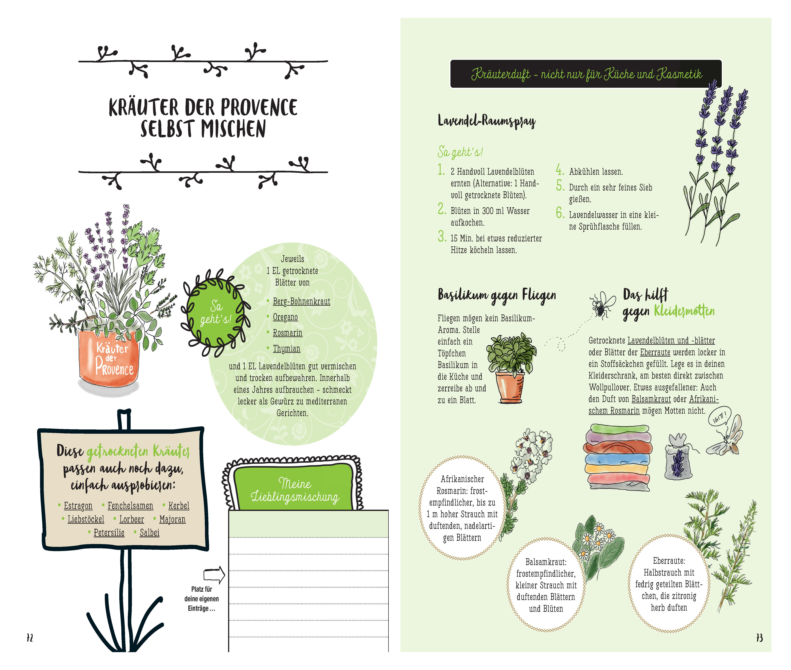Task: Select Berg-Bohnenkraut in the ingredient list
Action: pyautogui.click(x=301, y=301)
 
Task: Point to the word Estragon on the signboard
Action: pyautogui.click(x=78, y=506)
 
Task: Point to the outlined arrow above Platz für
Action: pyautogui.click(x=215, y=575)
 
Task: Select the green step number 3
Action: pyautogui.click(x=442, y=236)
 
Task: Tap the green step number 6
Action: pyautogui.click(x=560, y=213)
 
